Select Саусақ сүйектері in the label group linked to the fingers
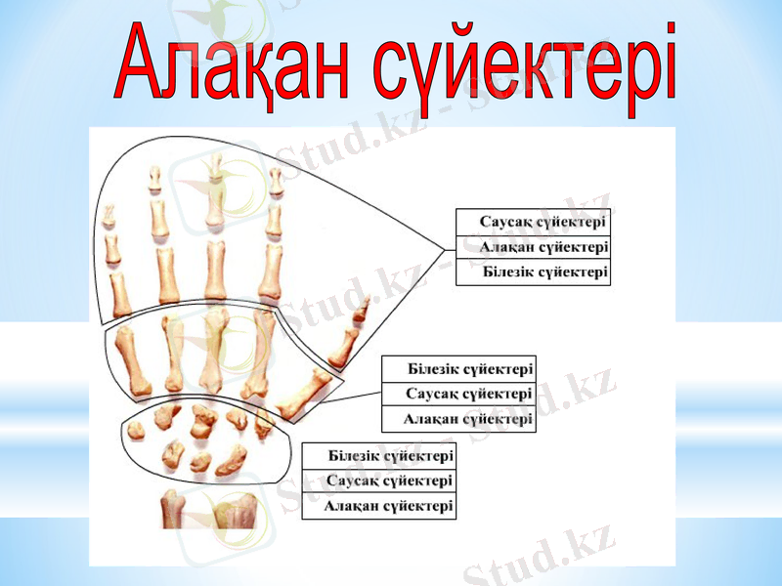tap(534, 223)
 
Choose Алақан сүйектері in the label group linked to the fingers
tap(534, 247)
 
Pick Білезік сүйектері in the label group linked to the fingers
tap(534, 272)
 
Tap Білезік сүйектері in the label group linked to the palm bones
tap(458, 369)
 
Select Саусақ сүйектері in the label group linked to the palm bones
tap(458, 395)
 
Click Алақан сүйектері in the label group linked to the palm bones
tap(458, 419)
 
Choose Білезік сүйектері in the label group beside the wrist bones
tap(379, 456)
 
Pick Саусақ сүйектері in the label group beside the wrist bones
tap(379, 481)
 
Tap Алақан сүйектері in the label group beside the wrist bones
tap(379, 506)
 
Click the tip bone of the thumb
tap(361, 311)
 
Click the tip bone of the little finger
tap(109, 212)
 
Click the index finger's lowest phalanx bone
tap(271, 272)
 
